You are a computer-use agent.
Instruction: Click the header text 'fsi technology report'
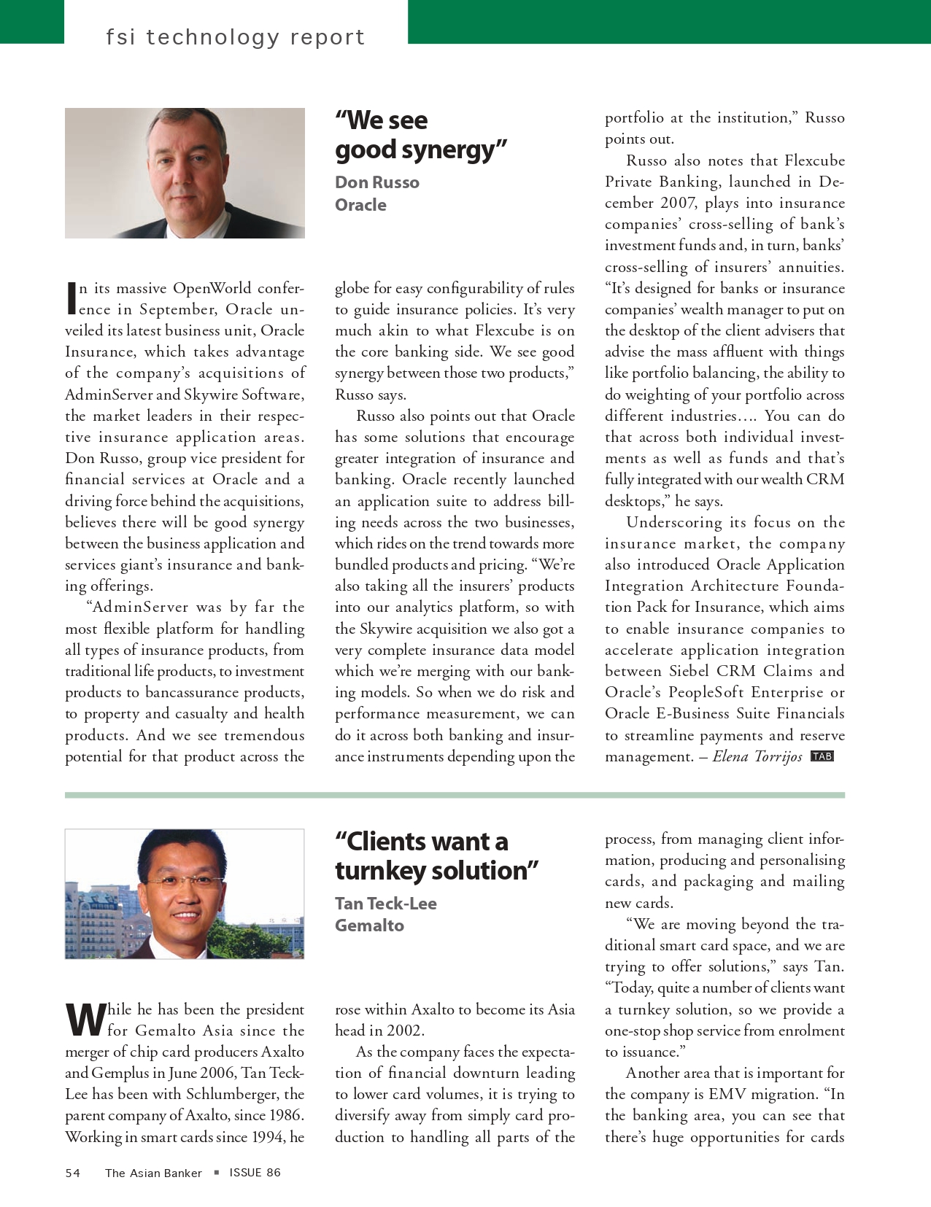pyautogui.click(x=235, y=36)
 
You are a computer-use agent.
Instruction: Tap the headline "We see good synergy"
pyautogui.click(x=420, y=135)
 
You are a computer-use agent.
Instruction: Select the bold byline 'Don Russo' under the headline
pyautogui.click(x=377, y=182)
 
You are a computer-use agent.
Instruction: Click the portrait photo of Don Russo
pyautogui.click(x=185, y=173)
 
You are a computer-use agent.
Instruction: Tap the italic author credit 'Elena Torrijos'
pyautogui.click(x=757, y=756)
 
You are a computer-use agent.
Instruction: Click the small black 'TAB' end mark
pyautogui.click(x=822, y=756)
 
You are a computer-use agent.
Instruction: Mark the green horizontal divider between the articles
pyautogui.click(x=455, y=795)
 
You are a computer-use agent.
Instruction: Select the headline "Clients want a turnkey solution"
pyautogui.click(x=436, y=856)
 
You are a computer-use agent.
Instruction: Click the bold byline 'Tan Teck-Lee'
pyautogui.click(x=386, y=904)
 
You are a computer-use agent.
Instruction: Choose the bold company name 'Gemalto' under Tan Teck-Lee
pyautogui.click(x=369, y=925)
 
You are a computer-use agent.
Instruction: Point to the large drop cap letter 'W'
pyautogui.click(x=85, y=1020)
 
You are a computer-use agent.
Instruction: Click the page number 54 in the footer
pyautogui.click(x=73, y=1173)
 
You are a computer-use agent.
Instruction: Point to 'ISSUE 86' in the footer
pyautogui.click(x=255, y=1173)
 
